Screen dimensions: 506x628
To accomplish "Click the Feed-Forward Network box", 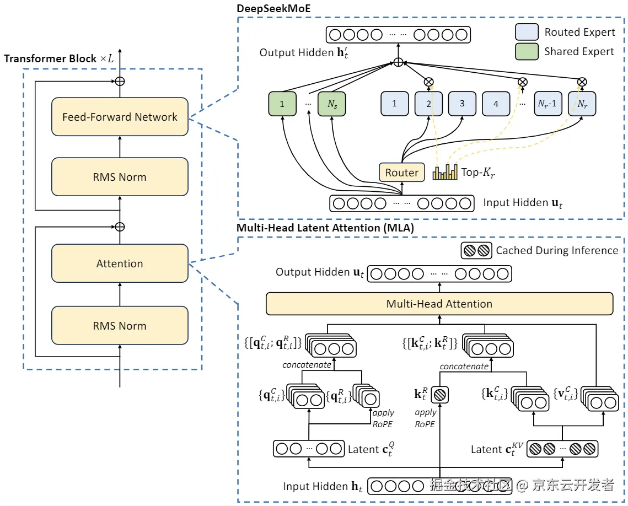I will point(120,117).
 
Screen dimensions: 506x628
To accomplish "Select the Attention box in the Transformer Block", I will point(120,263).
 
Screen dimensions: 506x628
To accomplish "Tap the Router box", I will point(402,173).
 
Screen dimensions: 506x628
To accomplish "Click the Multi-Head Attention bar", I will point(439,304).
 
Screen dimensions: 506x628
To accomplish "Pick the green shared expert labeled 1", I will point(282,104).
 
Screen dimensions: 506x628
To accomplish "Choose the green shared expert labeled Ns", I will point(331,104).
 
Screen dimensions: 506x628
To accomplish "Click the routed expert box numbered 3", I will point(462,104).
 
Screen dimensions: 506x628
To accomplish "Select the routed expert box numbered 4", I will point(496,104).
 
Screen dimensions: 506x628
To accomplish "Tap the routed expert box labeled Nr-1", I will point(548,104).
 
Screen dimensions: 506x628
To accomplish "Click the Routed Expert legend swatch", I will point(527,32).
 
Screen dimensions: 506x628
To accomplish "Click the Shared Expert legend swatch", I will point(527,51).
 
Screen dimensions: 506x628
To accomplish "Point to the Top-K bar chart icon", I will point(445,173).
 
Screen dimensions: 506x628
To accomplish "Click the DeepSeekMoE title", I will point(270,8).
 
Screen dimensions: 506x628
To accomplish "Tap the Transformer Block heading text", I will point(50,58).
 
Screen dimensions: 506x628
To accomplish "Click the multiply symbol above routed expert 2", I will point(428,82).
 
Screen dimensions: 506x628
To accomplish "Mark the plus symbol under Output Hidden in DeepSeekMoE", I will point(398,62).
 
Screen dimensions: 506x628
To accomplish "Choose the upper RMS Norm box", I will point(120,177).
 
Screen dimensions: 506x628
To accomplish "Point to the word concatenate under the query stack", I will point(307,365).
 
